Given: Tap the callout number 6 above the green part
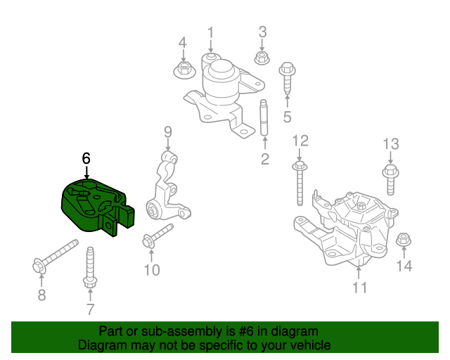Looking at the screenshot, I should coord(86,159).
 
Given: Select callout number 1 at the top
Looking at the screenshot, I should coord(210,32).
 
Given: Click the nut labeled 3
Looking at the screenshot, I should coord(261,58).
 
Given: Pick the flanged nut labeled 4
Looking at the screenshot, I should coord(183,69).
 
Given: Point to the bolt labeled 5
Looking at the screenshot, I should coord(287,81).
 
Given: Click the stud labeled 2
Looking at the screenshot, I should coord(264,119).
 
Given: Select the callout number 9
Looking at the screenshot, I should coord(168,131).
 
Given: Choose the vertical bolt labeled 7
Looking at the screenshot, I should coord(90,267).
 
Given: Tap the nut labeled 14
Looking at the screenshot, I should coord(404,240).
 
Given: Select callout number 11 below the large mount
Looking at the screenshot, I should coord(359,288).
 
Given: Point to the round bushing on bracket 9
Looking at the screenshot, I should coord(156,207).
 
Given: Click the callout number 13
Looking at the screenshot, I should coord(390,143).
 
